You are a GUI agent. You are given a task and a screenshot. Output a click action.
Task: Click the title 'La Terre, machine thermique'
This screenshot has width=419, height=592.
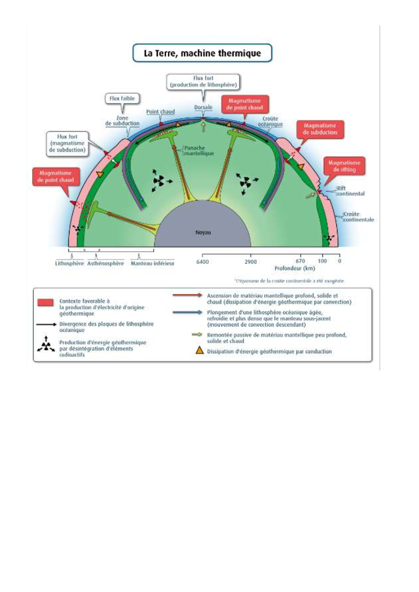coord(202,53)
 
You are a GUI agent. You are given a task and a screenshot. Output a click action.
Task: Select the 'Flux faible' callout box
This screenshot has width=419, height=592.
coord(122,99)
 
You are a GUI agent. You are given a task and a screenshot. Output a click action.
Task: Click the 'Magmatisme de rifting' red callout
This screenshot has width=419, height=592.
coord(344,166)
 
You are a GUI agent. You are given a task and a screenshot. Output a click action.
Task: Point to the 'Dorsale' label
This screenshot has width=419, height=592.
coord(203,107)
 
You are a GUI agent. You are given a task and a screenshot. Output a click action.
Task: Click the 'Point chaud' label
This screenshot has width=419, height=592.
coord(161,112)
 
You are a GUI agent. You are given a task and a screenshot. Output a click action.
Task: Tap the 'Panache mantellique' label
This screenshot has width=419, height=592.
coord(199,151)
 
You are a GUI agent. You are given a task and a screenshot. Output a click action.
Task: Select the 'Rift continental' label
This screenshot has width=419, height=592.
coord(350,191)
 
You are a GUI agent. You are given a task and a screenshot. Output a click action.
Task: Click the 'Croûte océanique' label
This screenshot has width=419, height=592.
coord(270,122)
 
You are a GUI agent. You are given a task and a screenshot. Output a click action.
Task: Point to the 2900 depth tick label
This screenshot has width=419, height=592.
coord(251,262)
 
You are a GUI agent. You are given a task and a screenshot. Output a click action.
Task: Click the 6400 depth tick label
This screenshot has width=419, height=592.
coord(202,262)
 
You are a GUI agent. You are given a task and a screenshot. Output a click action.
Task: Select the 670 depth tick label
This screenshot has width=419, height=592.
coord(300,261)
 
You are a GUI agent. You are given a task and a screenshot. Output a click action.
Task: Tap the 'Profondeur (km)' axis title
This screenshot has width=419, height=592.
coord(295,268)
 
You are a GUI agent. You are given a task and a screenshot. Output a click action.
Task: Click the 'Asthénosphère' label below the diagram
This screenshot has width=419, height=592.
coord(105,263)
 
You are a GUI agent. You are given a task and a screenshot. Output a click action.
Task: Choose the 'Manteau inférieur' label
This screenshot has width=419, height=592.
coord(153,263)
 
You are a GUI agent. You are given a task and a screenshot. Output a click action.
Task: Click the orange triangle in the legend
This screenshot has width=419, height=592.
coord(200,351)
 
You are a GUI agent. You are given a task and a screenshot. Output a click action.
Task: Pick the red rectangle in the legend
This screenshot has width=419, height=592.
coord(45,302)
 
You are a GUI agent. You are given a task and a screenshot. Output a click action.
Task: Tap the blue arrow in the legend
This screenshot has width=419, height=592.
coord(187,312)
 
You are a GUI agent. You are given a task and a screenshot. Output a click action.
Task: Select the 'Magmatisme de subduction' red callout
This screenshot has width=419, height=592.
coord(320,129)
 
